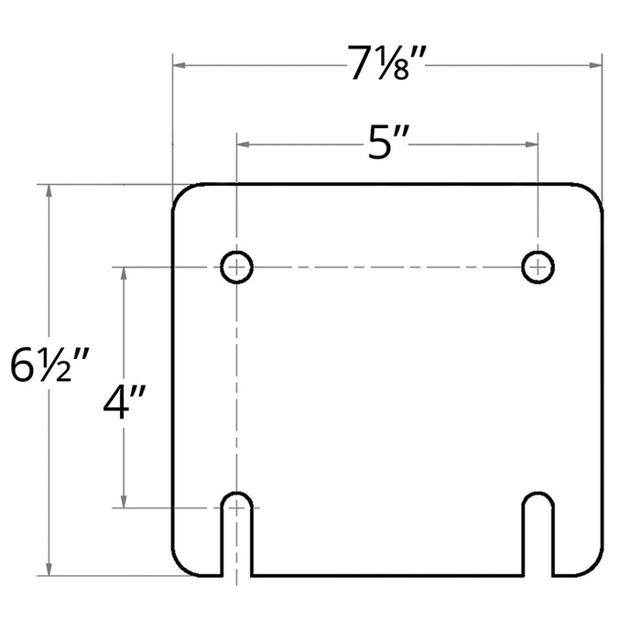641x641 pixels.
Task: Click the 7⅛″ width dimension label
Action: [x=386, y=62]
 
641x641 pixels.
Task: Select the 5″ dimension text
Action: [x=387, y=143]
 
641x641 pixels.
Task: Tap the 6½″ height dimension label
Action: [x=49, y=364]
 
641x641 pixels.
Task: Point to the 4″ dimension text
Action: [x=124, y=403]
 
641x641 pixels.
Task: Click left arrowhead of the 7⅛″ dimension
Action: [x=179, y=65]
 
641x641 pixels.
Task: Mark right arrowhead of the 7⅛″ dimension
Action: [x=595, y=65]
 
